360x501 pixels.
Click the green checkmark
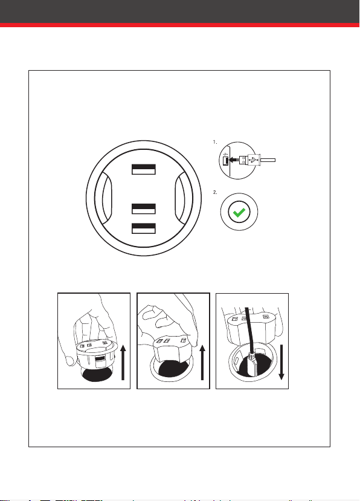coord(239,212)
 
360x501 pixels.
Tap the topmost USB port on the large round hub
coord(144,169)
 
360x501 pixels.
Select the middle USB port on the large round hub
coord(144,208)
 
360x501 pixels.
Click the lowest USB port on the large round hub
coord(144,228)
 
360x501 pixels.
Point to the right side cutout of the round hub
coord(181,198)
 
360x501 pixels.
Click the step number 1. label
coord(215,142)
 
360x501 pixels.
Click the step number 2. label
coord(215,192)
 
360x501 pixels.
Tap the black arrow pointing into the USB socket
coord(234,159)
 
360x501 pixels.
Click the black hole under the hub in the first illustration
coord(97,375)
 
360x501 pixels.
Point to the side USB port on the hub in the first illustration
coord(100,361)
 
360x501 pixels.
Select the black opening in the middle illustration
coord(174,369)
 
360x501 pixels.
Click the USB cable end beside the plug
coord(268,160)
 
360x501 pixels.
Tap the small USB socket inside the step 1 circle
coord(225,160)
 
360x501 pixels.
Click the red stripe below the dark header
coord(179,25)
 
